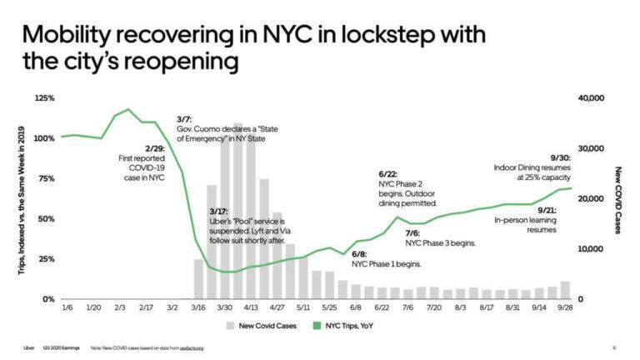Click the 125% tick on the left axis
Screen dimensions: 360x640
[x=44, y=99]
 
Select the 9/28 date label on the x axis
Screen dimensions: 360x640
[x=565, y=308]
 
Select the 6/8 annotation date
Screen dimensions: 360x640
[x=359, y=253]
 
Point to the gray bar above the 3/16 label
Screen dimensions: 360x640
[x=198, y=278]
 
